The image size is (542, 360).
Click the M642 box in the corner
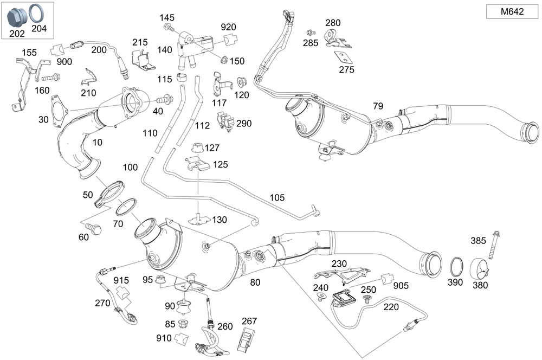point(512,11)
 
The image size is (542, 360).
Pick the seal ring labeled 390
point(456,267)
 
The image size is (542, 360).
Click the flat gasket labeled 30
point(59,111)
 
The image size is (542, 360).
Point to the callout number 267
point(249,322)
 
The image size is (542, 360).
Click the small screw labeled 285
point(311,32)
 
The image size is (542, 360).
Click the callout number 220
point(390,306)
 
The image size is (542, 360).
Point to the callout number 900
point(64,62)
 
